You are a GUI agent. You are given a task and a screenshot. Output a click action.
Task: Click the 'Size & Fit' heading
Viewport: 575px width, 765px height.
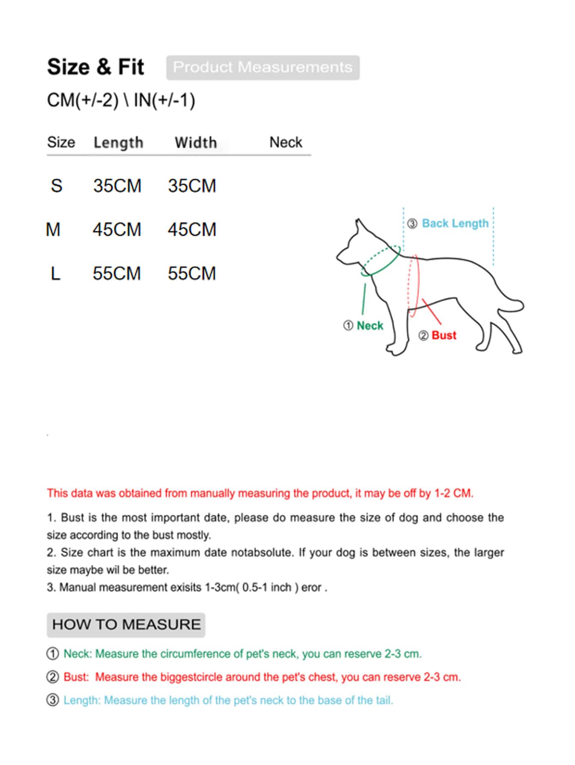point(95,67)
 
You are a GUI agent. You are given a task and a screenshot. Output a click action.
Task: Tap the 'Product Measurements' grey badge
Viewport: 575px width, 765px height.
point(263,67)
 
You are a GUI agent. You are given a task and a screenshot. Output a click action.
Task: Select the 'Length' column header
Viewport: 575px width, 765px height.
point(118,142)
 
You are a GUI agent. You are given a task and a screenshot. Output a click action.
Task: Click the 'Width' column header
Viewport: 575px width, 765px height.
point(196,142)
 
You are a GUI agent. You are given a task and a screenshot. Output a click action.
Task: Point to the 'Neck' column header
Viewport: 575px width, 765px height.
point(286,142)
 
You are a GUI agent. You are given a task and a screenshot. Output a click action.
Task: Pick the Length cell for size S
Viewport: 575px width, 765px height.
point(117,186)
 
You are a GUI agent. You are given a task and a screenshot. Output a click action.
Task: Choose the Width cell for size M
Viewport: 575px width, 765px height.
point(192,230)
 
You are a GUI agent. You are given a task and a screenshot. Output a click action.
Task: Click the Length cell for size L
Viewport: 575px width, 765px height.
point(117,273)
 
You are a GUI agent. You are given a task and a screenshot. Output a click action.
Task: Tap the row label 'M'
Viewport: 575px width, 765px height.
point(53,230)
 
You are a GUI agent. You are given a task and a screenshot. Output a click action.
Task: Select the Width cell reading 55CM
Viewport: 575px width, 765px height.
point(192,273)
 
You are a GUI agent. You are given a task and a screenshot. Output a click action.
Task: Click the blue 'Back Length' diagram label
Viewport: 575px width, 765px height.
point(455,223)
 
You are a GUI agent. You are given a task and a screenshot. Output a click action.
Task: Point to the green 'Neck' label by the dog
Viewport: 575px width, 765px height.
point(370,326)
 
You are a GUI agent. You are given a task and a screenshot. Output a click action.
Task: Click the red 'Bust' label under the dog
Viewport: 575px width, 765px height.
point(444,335)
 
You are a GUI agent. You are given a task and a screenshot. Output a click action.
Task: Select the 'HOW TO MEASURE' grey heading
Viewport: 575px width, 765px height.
point(126,624)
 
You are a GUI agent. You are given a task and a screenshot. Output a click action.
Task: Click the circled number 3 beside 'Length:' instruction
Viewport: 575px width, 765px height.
point(52,700)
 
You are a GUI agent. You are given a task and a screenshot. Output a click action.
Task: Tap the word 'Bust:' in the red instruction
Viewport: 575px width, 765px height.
point(76,677)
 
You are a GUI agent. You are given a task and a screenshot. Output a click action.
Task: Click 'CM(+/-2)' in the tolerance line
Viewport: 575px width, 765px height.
point(82,100)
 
